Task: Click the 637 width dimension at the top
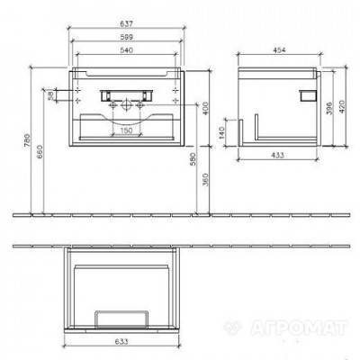136,23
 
